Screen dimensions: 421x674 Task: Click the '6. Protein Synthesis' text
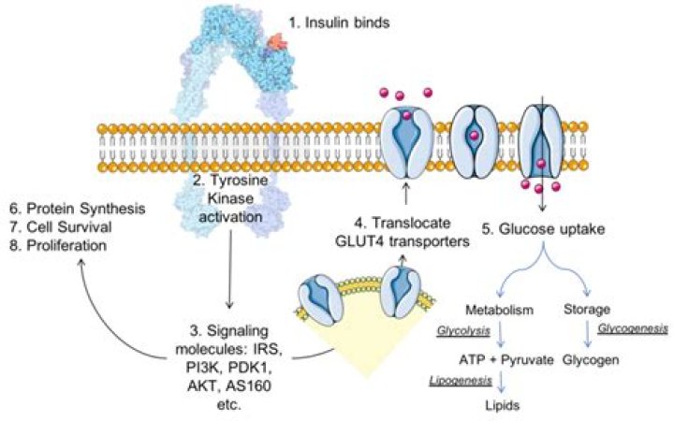point(73,208)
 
